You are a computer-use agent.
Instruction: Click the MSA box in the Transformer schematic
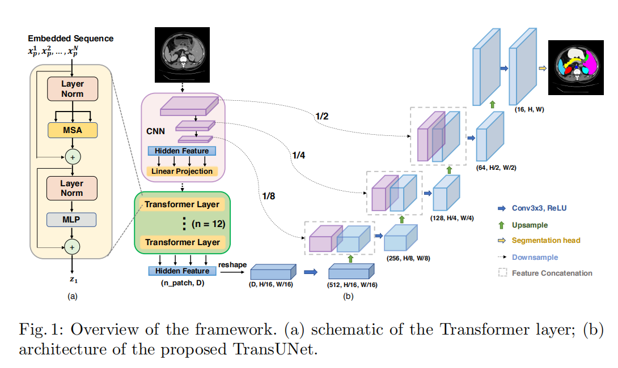pos(73,130)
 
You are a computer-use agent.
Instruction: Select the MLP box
pos(71,220)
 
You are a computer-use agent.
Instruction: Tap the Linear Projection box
pos(181,171)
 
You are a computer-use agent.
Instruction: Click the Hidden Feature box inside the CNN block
pos(181,151)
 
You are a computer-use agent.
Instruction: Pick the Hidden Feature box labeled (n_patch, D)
pos(182,271)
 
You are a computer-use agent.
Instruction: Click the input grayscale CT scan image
pos(182,55)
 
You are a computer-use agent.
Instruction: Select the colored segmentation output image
pos(576,67)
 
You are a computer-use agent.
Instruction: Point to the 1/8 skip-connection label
pos(268,196)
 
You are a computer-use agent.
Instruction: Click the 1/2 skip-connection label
pos(321,117)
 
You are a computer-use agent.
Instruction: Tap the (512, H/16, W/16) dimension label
pos(352,285)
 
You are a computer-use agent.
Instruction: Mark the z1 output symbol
pos(74,280)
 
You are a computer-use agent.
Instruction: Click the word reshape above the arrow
pos(232,265)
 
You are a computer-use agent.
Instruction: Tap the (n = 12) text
pos(209,224)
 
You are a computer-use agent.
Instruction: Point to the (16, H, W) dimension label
pos(530,109)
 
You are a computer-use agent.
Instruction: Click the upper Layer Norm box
pos(73,89)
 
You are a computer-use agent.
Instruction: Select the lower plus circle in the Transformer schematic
pos(72,247)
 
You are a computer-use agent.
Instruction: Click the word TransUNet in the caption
pos(275,349)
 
